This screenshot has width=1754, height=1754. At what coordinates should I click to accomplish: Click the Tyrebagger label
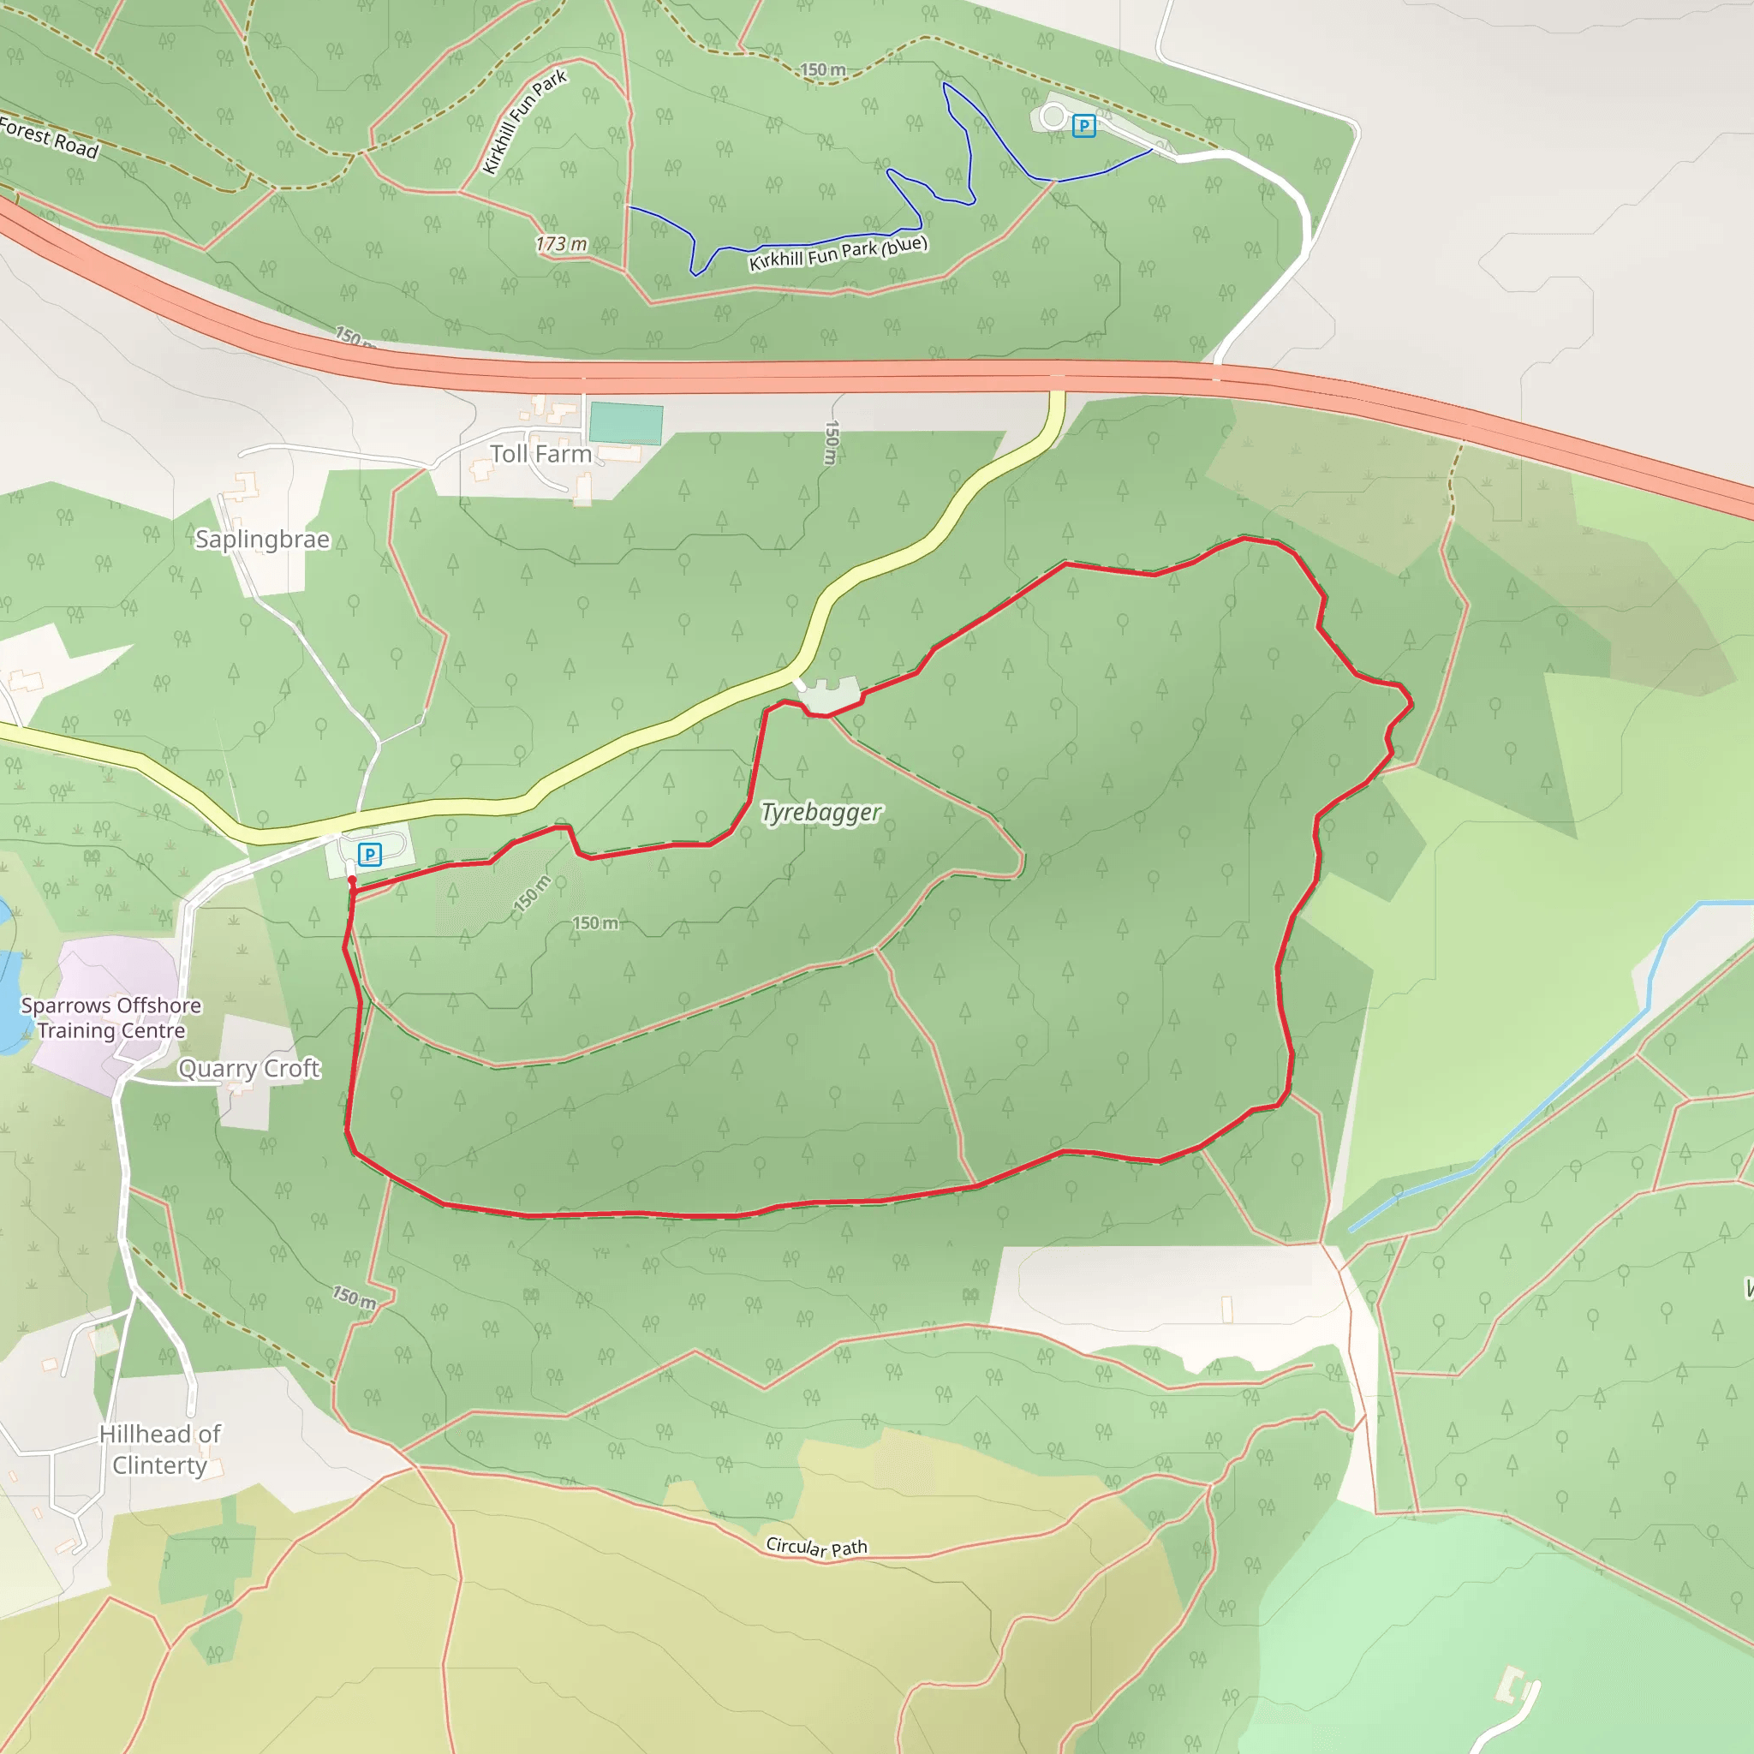tap(820, 813)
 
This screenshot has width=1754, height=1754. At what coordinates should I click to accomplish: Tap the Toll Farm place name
tap(540, 454)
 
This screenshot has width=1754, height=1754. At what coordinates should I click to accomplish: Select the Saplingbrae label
tap(262, 540)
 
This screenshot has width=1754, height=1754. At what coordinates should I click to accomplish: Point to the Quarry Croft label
tap(248, 1069)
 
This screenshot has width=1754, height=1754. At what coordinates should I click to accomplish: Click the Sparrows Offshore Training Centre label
tap(110, 1017)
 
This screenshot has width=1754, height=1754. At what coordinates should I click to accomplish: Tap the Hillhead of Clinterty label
tap(160, 1449)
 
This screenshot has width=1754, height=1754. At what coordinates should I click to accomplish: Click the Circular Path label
tap(816, 1547)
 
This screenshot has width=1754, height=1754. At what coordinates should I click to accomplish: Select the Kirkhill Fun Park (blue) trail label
tap(838, 254)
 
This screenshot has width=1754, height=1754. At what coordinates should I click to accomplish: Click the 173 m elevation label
tap(560, 244)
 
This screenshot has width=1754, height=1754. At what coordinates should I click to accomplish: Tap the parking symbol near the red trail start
tap(369, 854)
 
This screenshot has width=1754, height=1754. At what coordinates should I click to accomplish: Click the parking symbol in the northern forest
tap(1083, 125)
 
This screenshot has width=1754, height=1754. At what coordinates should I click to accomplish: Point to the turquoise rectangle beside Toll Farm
tap(625, 424)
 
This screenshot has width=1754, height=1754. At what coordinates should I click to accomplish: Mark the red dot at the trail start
tap(352, 880)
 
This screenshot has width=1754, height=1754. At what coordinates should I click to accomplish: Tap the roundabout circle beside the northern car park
tap(1053, 116)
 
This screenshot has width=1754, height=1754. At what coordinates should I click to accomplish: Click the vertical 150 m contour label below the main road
tap(831, 443)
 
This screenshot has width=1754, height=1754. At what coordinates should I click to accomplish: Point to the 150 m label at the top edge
tap(822, 70)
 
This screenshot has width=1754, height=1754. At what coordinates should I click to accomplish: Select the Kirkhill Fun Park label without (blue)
tap(525, 122)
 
